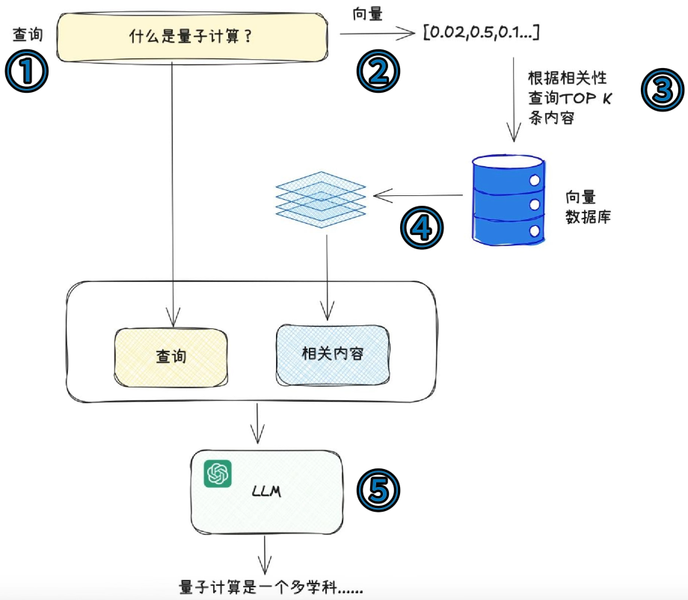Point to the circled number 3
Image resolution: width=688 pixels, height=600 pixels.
click(x=663, y=90)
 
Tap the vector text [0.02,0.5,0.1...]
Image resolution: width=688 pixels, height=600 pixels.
click(x=482, y=32)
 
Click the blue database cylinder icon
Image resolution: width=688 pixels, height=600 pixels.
click(x=509, y=198)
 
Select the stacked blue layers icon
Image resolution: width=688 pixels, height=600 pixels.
click(x=321, y=196)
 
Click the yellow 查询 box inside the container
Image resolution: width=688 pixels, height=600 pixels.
click(x=171, y=356)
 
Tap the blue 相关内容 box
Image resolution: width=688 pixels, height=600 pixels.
click(x=332, y=353)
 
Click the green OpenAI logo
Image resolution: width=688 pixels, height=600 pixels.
click(x=218, y=473)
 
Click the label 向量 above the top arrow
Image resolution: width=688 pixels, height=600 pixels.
click(x=367, y=13)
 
